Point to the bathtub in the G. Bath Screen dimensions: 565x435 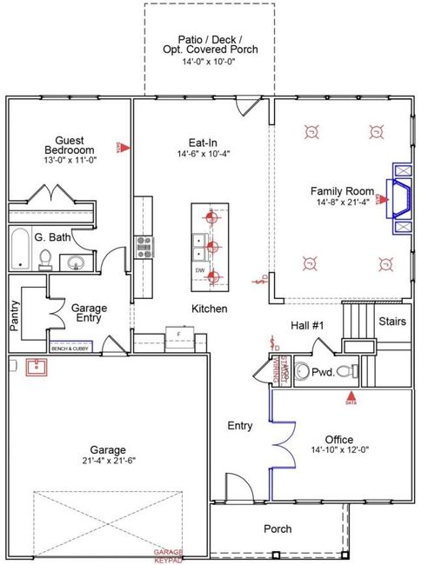[19, 249]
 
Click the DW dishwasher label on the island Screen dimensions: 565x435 [200, 270]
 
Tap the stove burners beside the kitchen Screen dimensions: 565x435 [144, 245]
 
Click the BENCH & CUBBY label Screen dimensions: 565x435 [71, 348]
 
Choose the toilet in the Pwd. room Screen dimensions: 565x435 [345, 372]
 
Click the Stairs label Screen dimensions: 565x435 [391, 322]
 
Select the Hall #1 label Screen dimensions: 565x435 [307, 326]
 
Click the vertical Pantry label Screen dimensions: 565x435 [14, 316]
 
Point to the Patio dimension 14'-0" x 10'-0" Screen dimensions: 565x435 [208, 63]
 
